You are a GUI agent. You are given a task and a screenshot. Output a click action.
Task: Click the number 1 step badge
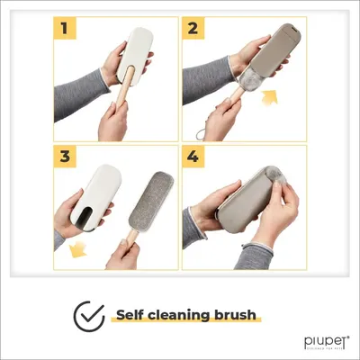click(x=65, y=29)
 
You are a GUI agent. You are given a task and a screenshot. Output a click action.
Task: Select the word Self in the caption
click(x=132, y=315)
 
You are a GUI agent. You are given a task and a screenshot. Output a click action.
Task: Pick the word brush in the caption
click(x=237, y=315)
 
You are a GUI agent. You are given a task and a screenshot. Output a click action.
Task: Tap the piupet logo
click(x=319, y=342)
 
